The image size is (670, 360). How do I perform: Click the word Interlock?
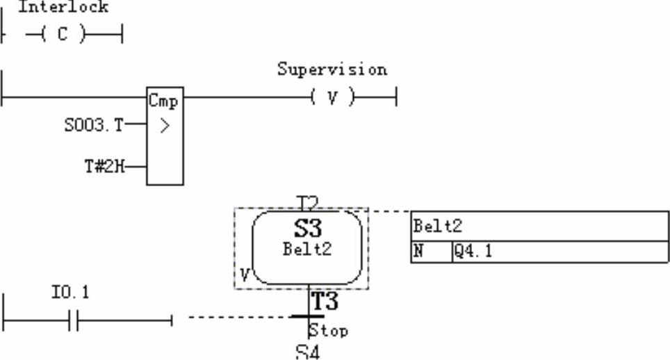tap(63, 8)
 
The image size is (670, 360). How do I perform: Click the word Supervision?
tap(332, 69)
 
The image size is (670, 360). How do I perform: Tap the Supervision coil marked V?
tap(332, 97)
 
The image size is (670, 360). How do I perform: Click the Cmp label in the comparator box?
tap(163, 101)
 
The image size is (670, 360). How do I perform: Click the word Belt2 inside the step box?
tap(307, 249)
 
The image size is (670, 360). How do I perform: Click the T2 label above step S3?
tap(307, 202)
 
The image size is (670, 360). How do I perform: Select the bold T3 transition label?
tap(324, 302)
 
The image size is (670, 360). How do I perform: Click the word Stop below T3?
tap(328, 330)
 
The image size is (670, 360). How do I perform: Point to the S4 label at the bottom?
tap(307, 352)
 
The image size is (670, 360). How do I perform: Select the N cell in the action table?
tap(418, 252)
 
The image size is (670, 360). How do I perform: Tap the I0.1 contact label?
tap(70, 293)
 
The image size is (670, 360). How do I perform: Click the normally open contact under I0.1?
tap(74, 320)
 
